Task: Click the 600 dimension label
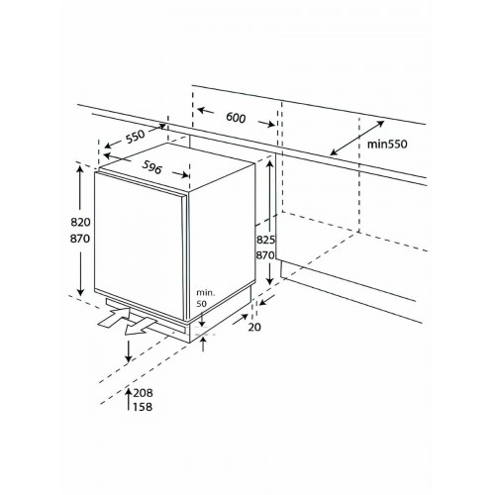pyautogui.click(x=235, y=118)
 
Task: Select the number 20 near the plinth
pyautogui.click(x=255, y=328)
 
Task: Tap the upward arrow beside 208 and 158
pyautogui.click(x=132, y=399)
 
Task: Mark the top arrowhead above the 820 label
pyautogui.click(x=79, y=170)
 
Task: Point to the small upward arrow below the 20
pyautogui.click(x=204, y=342)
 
